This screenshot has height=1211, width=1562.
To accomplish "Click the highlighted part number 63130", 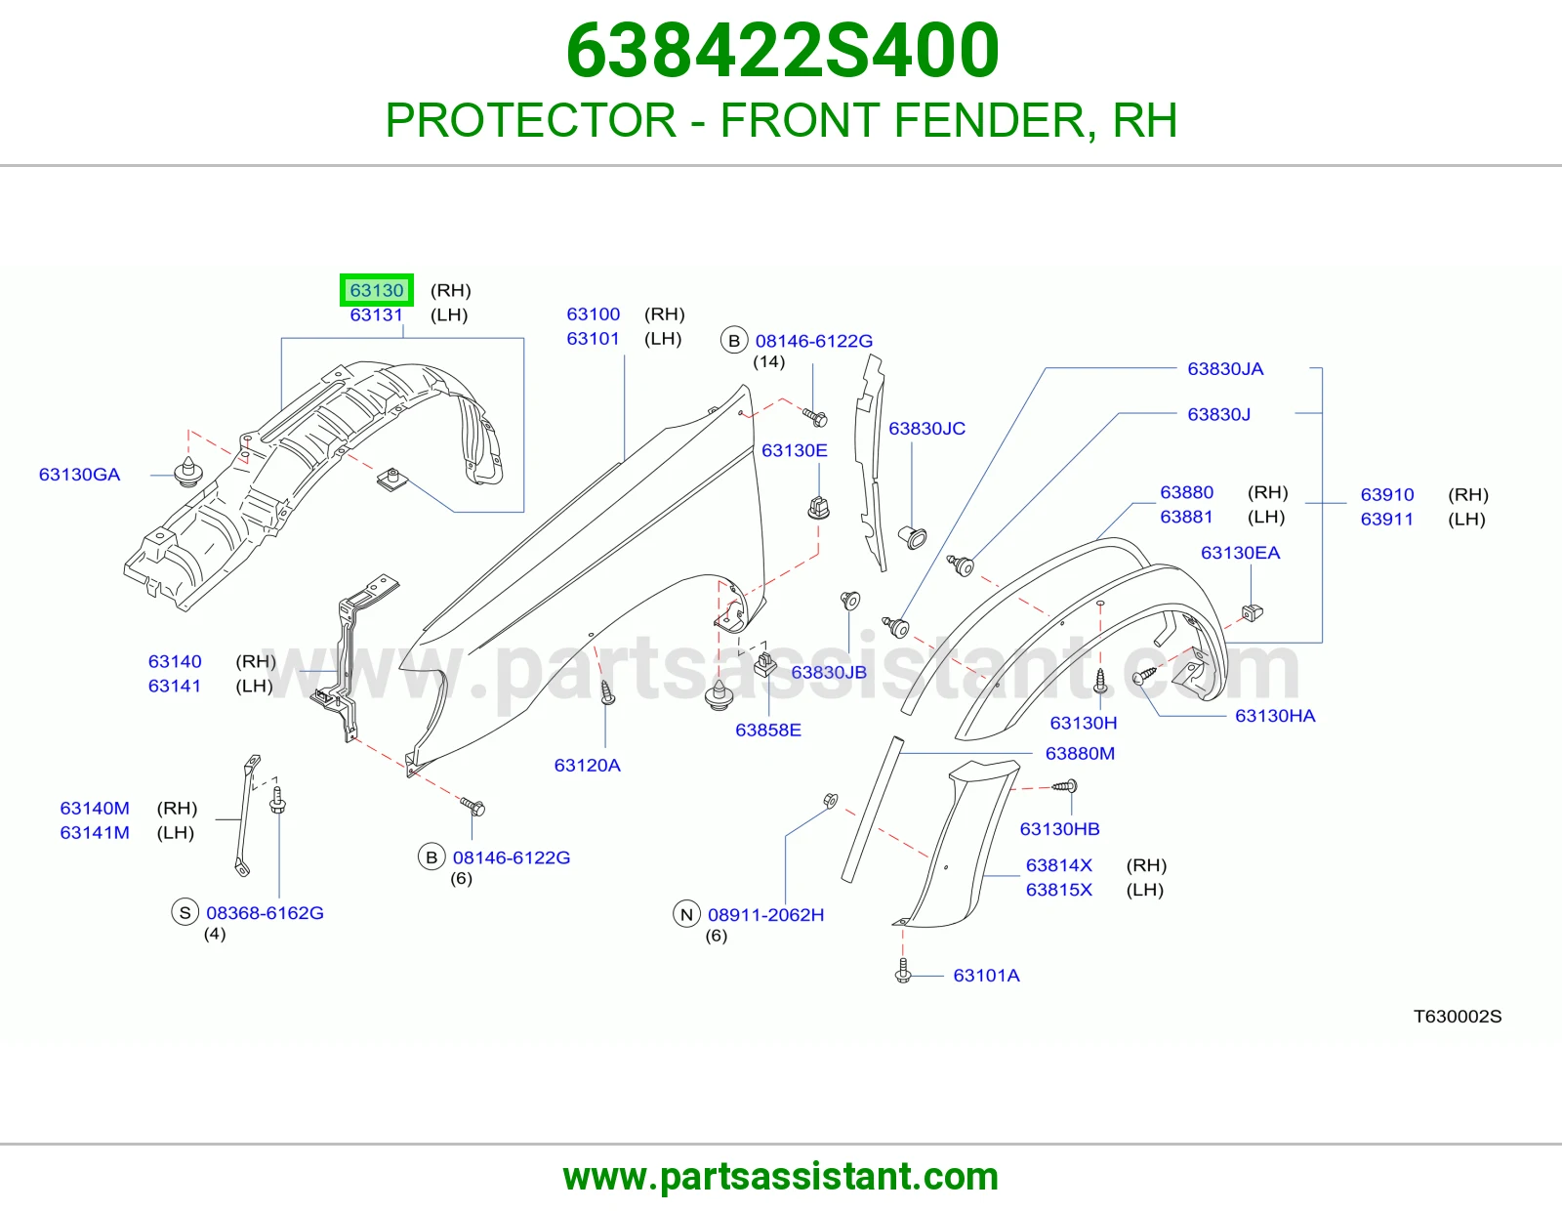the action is [377, 290].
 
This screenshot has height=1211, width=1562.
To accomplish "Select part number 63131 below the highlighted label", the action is [376, 315].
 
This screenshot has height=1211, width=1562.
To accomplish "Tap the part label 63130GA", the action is [80, 475].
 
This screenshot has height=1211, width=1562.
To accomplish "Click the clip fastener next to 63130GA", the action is [188, 472].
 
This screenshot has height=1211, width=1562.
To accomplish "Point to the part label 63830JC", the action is [927, 429].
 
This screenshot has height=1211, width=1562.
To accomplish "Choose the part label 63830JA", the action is [1225, 369].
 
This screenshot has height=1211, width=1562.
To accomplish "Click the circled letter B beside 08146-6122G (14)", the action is [734, 341].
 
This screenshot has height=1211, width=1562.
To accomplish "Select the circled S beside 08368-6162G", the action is [185, 912].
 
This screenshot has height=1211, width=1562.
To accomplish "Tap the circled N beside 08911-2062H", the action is [686, 915].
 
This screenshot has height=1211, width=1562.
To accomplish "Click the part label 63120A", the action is [588, 765].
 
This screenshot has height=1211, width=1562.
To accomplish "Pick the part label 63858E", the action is [768, 730].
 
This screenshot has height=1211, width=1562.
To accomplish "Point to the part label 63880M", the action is [1081, 753].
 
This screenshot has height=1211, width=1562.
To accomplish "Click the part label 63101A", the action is [986, 975].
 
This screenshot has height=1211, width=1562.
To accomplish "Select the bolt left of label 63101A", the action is [904, 971].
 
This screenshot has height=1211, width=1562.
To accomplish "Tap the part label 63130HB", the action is [1060, 829].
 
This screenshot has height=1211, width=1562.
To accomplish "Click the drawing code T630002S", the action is [1458, 1016].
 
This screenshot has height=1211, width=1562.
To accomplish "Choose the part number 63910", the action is [1387, 495].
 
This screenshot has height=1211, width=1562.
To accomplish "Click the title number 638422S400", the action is [783, 51].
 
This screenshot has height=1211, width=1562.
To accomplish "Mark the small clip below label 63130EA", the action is [1253, 612].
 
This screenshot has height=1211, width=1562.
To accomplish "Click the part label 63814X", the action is [1059, 865].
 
